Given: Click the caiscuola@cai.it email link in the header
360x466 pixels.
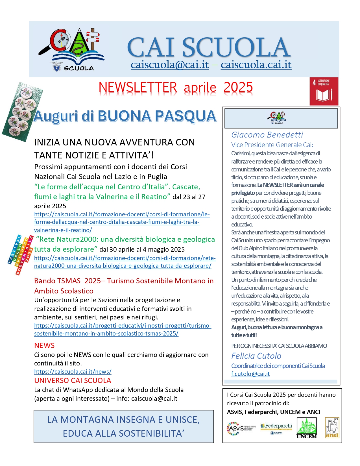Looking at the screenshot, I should click(170, 65).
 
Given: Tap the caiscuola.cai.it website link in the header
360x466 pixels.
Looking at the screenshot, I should click(256, 65).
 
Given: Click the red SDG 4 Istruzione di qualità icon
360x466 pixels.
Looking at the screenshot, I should click(324, 91).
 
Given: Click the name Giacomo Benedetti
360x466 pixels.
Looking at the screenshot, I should click(267, 135).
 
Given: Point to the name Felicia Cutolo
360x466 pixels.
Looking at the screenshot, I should click(256, 356).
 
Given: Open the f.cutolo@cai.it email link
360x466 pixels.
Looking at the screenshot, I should click(250, 374).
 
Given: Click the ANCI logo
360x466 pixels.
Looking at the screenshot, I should click(332, 428).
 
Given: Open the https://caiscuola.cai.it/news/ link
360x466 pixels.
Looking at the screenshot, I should click(73, 371).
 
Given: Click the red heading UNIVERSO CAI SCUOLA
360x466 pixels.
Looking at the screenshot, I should click(73, 380).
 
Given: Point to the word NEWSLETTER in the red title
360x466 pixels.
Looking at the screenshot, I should click(138, 87).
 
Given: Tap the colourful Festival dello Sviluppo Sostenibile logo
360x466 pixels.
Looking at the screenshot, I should click(21, 254).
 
